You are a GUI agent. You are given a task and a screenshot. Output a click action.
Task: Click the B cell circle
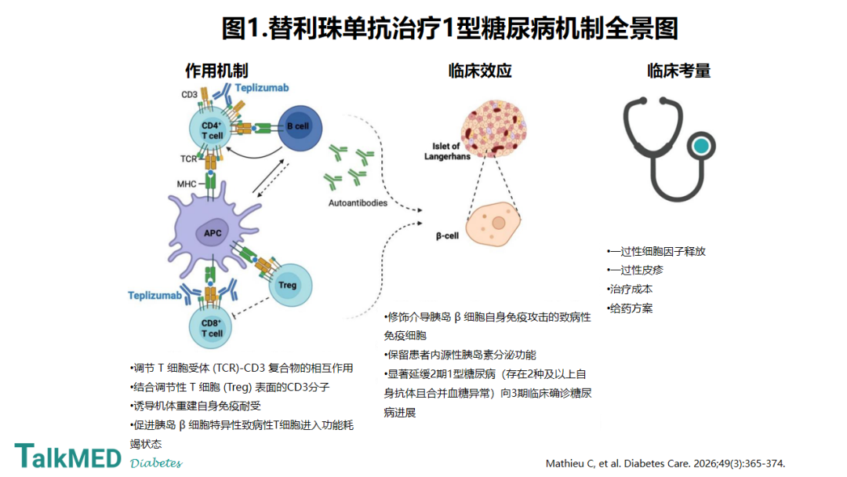[300, 128]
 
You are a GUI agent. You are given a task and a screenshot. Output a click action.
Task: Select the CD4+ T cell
[211, 129]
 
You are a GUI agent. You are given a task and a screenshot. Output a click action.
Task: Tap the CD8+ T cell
[211, 327]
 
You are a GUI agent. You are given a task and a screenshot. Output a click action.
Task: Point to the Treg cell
[290, 285]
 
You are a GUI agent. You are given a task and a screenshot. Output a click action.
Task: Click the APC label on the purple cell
[213, 233]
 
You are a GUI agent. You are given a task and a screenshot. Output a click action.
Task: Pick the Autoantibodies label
[358, 203]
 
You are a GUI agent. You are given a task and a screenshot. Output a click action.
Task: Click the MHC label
[187, 184]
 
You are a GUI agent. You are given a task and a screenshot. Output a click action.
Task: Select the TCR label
[188, 158]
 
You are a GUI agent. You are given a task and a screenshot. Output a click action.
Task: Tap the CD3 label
[189, 94]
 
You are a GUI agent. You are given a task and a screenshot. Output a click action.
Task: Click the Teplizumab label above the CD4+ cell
[261, 88]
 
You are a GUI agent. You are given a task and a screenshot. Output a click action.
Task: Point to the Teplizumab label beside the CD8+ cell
[154, 296]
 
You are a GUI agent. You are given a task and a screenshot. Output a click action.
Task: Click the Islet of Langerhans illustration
[493, 129]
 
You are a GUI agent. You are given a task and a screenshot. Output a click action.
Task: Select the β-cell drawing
[493, 224]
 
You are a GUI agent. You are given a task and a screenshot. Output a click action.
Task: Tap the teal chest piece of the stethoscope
[701, 146]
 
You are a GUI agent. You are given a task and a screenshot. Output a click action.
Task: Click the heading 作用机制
[216, 71]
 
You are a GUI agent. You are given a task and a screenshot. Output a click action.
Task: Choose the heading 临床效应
[480, 71]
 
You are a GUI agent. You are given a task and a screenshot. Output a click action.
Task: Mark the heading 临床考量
[678, 71]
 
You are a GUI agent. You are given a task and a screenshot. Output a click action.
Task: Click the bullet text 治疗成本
[631, 289]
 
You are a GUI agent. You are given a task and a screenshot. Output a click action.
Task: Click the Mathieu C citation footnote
[666, 464]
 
